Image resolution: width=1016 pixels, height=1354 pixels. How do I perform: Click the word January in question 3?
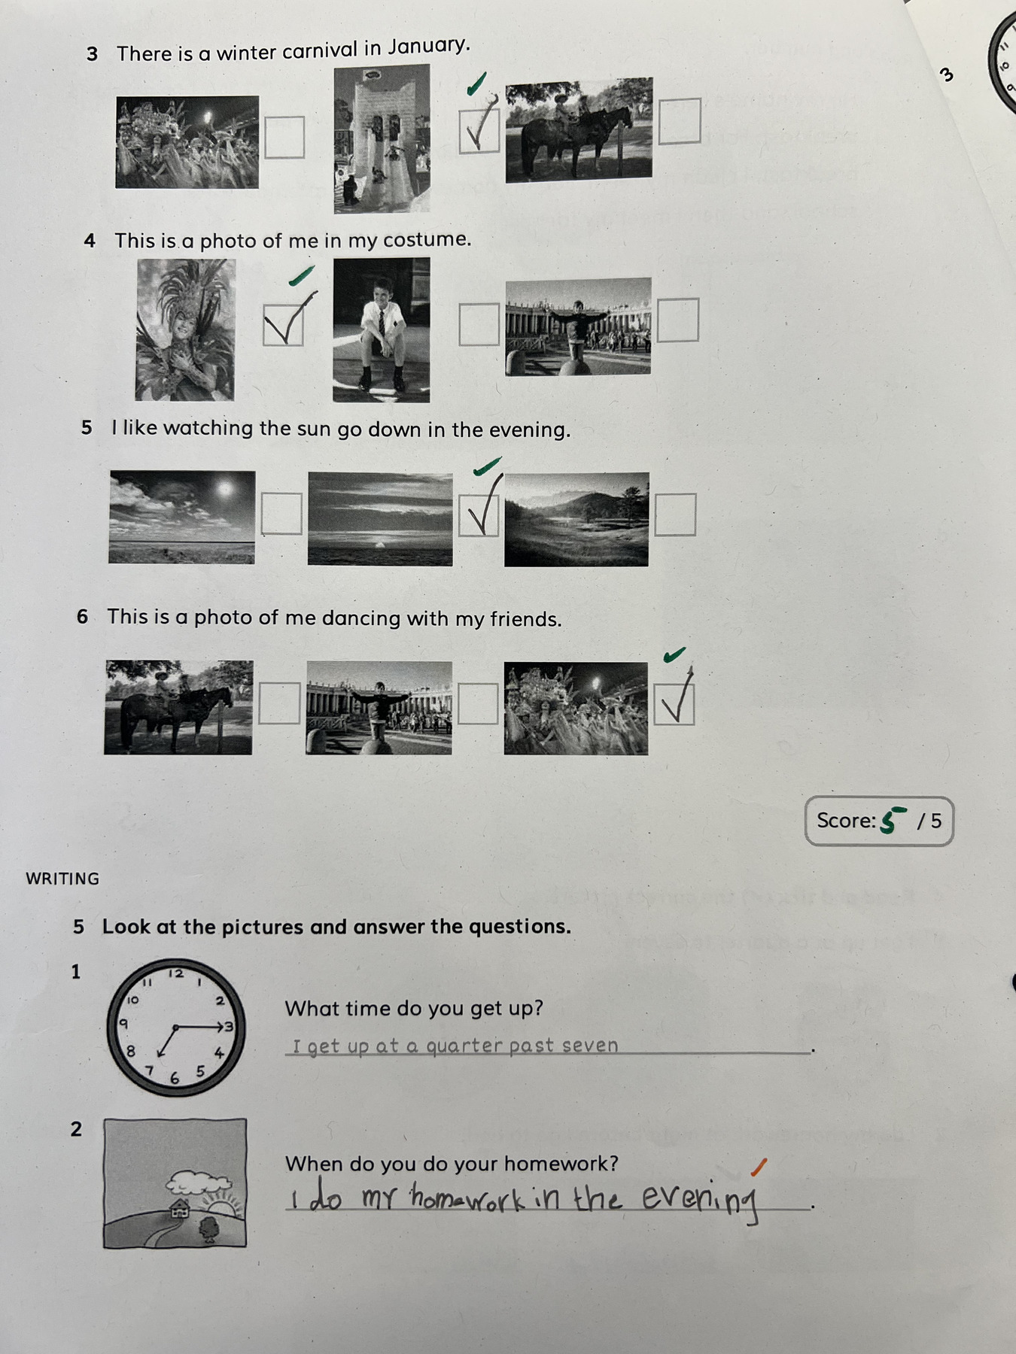429,47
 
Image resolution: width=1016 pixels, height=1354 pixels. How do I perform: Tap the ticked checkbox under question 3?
479,130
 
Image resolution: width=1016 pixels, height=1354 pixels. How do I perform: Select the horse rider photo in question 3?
579,129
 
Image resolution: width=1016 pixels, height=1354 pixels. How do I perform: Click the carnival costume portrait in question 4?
185,329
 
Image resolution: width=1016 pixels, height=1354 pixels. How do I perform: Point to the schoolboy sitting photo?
382,329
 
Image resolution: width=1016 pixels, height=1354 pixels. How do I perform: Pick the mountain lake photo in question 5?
576,519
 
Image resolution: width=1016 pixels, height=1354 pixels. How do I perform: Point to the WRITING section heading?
62,879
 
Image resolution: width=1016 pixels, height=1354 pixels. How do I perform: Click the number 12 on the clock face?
176,973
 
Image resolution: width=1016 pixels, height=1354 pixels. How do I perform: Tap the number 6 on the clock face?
175,1079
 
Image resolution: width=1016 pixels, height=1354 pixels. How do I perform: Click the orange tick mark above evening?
759,1167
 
